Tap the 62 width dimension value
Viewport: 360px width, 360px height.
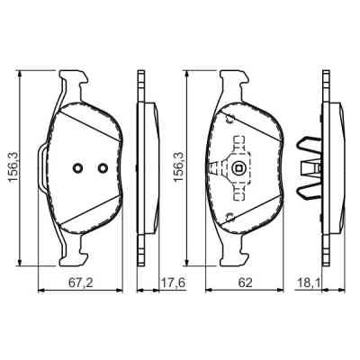click(245, 282)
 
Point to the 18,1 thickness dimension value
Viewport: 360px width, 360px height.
click(310, 282)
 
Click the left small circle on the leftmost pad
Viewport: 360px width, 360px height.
click(78, 168)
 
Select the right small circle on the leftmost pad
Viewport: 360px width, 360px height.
click(102, 168)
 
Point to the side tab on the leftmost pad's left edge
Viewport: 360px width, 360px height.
click(40, 168)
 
